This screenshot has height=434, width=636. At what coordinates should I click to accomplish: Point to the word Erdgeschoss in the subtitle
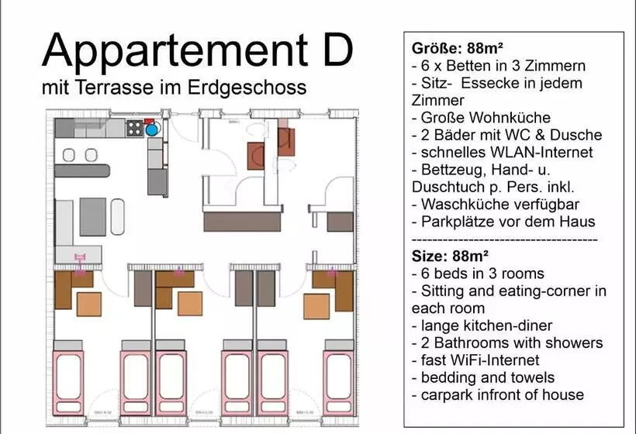pyautogui.click(x=255, y=87)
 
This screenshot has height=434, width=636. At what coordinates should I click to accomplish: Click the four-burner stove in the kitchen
pyautogui.click(x=134, y=129)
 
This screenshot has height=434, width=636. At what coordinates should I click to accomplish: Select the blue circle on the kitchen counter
pyautogui.click(x=151, y=129)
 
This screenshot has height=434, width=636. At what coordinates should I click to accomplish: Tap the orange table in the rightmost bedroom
pyautogui.click(x=316, y=306)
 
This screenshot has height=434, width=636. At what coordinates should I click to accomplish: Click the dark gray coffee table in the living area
pyautogui.click(x=93, y=216)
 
